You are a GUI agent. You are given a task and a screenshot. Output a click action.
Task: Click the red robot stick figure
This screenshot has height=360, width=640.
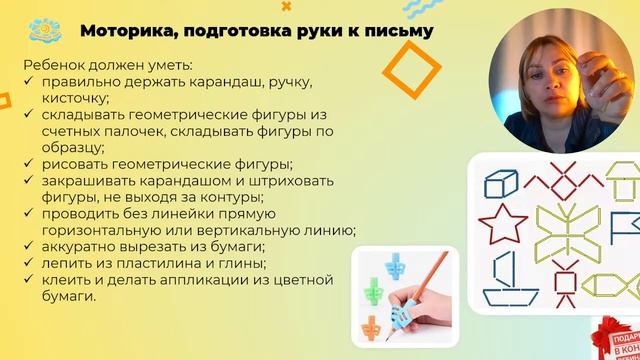tap(568, 284)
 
